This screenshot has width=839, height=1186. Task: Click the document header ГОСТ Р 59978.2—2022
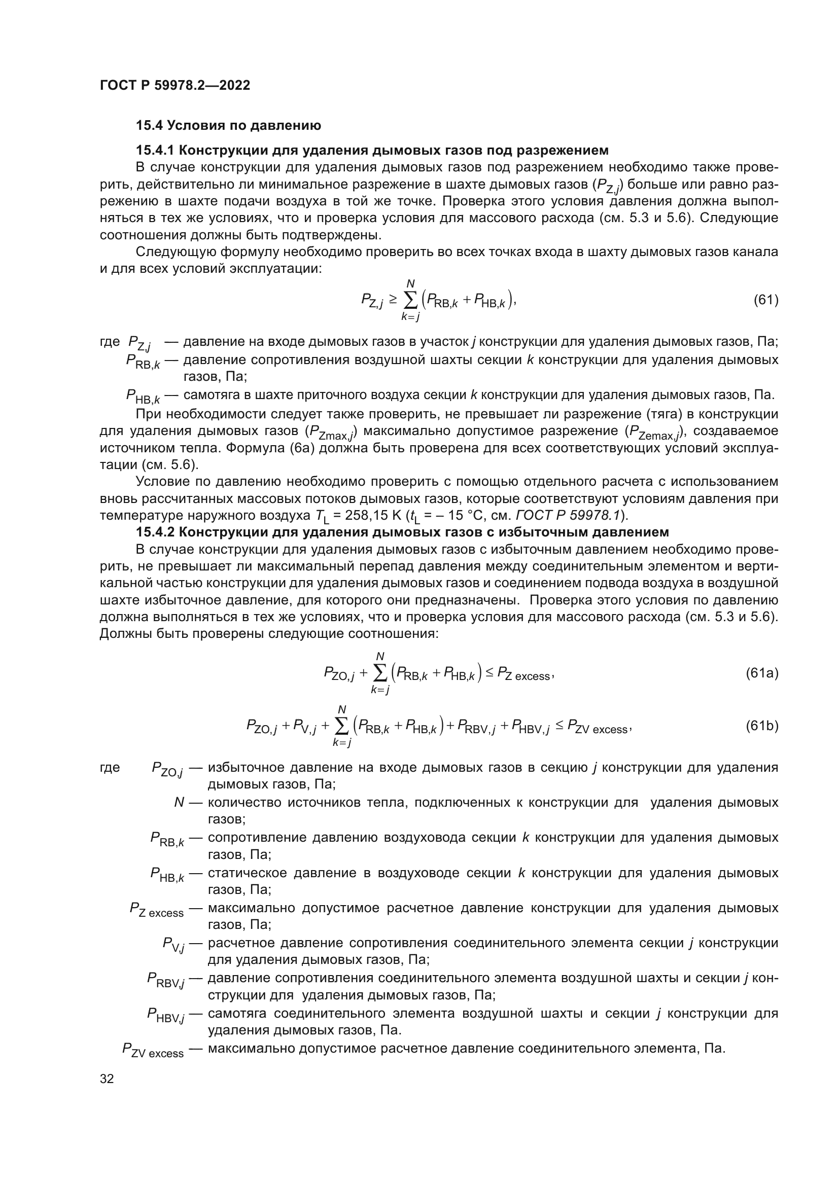point(174,85)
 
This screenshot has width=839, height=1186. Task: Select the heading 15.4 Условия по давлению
point(228,125)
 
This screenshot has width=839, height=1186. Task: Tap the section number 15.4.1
point(155,150)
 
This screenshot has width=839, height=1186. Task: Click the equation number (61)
point(765,300)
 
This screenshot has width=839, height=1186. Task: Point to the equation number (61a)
point(761,673)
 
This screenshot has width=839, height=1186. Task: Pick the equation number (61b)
point(761,726)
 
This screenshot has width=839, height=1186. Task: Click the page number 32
point(107,1079)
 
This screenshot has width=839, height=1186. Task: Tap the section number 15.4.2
point(155,532)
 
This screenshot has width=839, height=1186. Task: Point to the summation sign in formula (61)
point(410,300)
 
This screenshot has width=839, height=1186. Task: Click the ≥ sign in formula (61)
point(393,299)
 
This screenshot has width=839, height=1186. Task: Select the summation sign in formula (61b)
point(341,726)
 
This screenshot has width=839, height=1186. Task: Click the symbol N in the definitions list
point(179,803)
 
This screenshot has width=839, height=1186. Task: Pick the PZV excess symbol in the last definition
point(153,1050)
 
